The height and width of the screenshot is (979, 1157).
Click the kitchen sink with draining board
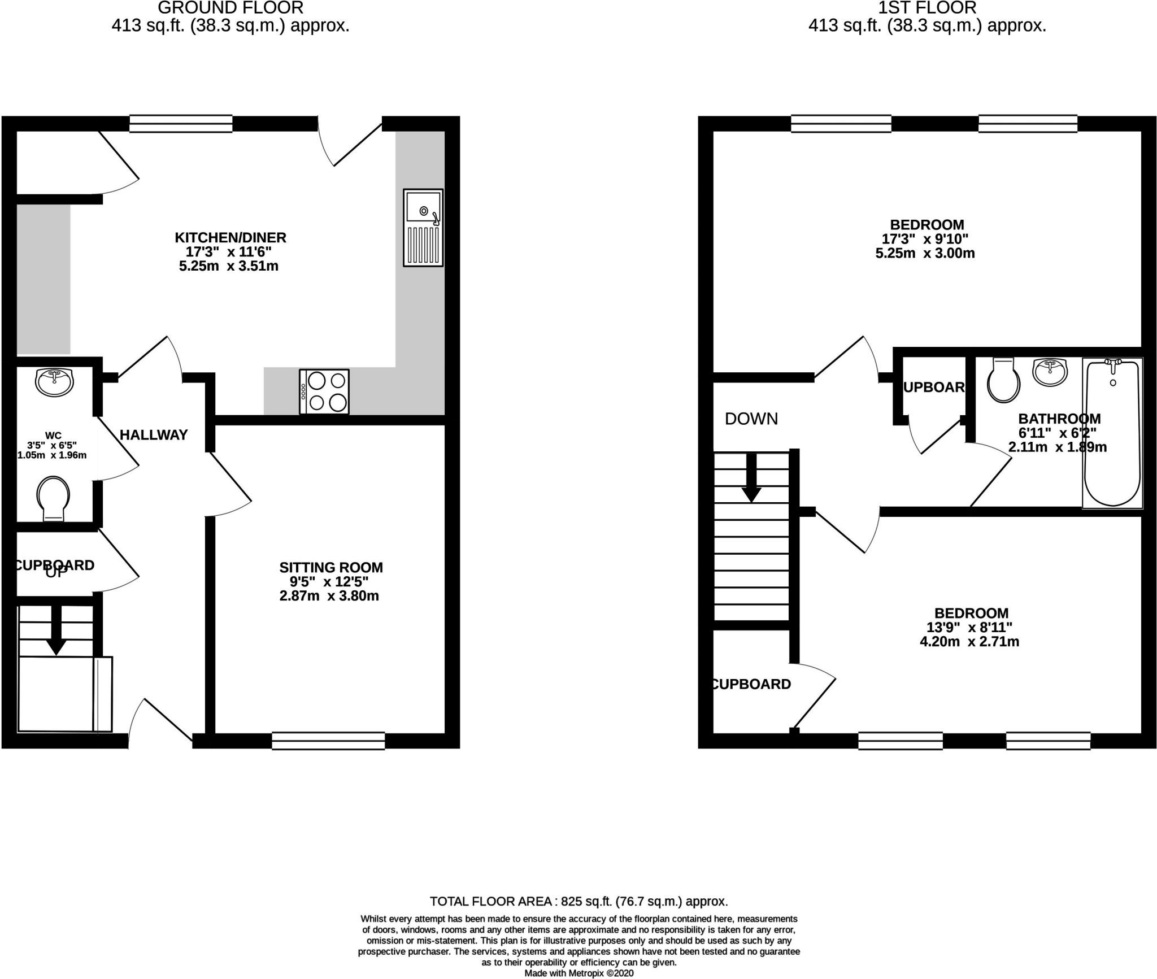point(423,228)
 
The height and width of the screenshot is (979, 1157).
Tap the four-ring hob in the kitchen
point(324,392)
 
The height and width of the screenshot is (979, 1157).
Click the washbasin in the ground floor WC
point(54,382)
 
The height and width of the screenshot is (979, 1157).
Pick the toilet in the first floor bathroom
point(1003,381)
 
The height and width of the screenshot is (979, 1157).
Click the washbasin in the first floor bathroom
point(1050,372)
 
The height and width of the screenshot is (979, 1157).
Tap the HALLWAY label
point(154,435)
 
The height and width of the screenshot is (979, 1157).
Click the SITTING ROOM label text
point(331,567)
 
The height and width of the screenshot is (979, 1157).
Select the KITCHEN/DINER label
point(230,237)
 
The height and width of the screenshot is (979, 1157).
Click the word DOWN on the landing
point(751,419)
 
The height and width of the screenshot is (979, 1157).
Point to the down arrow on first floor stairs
point(751,478)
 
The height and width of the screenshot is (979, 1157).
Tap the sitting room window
point(328,741)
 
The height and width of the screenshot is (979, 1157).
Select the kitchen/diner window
point(181,124)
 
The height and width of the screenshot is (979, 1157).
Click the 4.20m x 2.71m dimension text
point(969,642)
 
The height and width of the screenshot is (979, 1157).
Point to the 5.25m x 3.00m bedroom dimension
point(925,253)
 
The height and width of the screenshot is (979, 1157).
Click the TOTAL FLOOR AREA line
point(578,901)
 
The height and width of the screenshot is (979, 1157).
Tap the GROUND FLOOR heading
point(230,8)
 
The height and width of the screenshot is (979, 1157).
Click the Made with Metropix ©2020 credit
point(579,973)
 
